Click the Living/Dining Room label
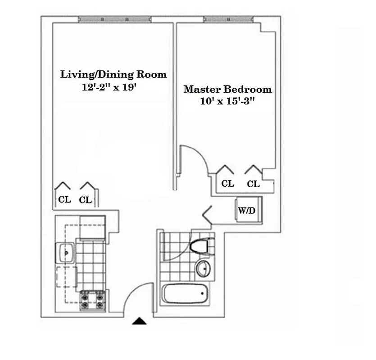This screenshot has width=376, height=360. (x=113, y=74)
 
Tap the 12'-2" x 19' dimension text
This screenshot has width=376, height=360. (x=109, y=88)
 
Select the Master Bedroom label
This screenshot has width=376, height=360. (x=227, y=89)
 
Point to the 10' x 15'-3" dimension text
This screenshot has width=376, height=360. (x=228, y=102)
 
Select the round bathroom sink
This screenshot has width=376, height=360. (x=203, y=269)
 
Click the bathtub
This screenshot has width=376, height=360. (x=185, y=294)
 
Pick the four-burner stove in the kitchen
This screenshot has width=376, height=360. (x=92, y=301)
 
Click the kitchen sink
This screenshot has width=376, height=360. (x=66, y=253)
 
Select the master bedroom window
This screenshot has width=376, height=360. (x=229, y=19)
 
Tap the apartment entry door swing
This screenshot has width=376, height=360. (x=136, y=301)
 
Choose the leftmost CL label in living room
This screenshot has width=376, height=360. (x=64, y=199)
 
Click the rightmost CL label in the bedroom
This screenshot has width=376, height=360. (x=253, y=184)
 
